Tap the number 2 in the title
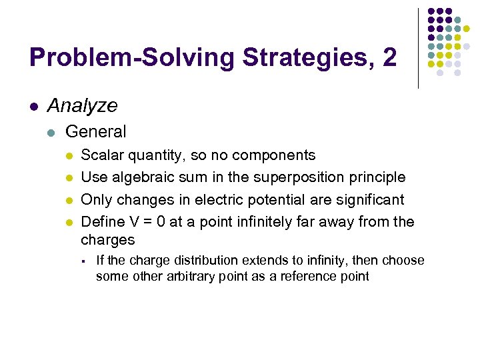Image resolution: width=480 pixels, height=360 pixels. point(389,57)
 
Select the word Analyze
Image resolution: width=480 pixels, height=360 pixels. point(83,105)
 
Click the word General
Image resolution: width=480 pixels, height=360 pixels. point(96,131)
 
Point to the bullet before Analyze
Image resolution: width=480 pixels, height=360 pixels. point(33,106)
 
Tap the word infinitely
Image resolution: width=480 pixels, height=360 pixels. point(289,221)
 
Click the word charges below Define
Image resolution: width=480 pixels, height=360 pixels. point(107,239)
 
